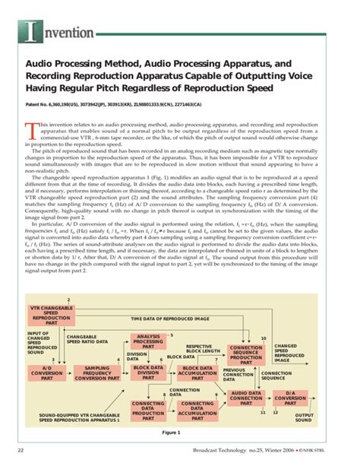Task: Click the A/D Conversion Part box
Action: click(46, 372)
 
